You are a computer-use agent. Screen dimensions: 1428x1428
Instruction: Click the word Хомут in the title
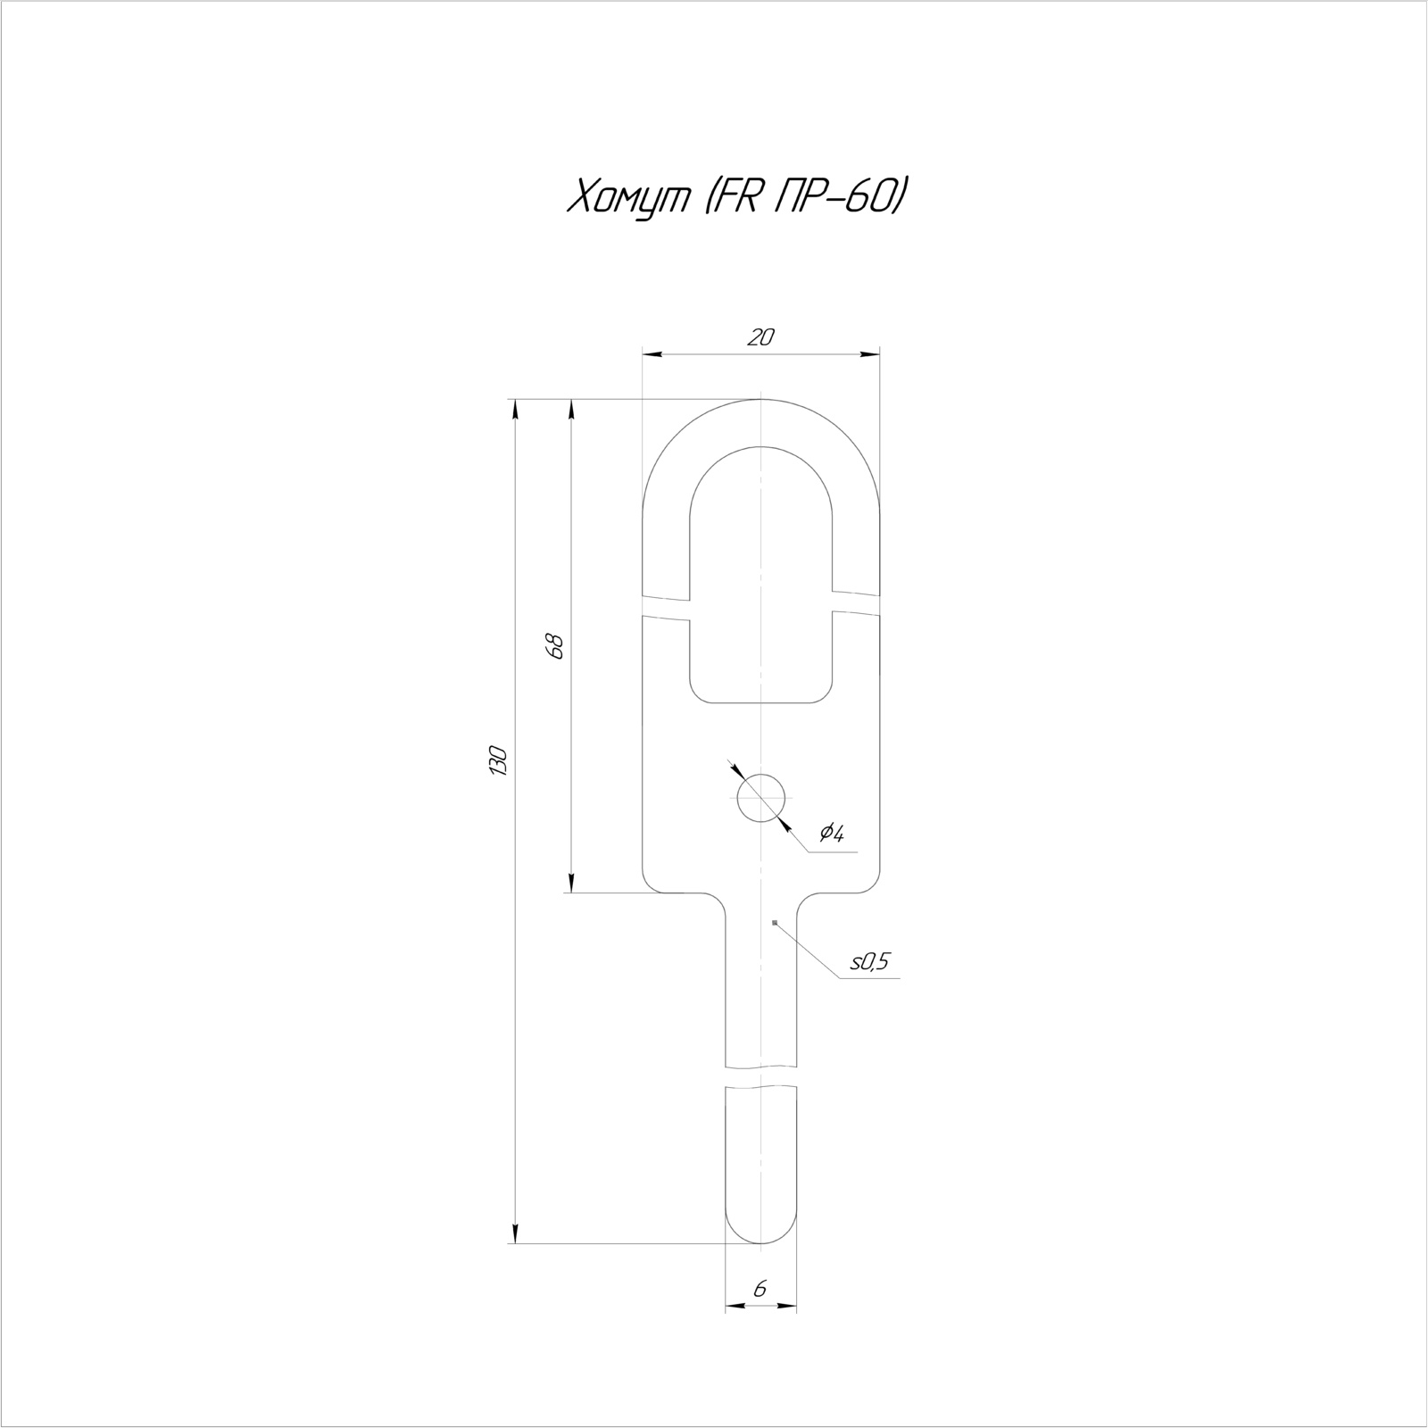pyautogui.click(x=629, y=197)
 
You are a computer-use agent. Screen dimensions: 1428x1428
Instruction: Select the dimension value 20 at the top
pyautogui.click(x=760, y=337)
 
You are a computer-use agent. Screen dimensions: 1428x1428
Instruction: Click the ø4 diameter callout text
pyautogui.click(x=831, y=834)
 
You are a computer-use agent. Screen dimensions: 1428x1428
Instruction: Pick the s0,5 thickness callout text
pyautogui.click(x=870, y=961)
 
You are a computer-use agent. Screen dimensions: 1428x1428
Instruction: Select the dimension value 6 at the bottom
pyautogui.click(x=760, y=1289)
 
